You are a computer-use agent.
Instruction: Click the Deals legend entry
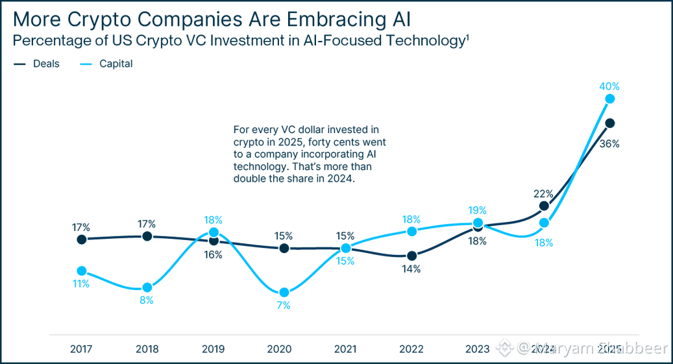[45, 64]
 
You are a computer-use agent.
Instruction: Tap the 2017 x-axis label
[82, 348]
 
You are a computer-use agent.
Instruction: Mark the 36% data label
[609, 143]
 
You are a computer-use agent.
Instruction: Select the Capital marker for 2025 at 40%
[609, 99]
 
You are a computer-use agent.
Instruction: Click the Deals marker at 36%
[609, 123]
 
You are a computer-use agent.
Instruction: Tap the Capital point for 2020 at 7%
[283, 293]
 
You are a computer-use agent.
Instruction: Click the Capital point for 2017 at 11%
[82, 271]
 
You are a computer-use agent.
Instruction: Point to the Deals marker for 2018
[147, 236]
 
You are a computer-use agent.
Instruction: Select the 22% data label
[543, 193]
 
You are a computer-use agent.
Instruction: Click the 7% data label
[283, 306]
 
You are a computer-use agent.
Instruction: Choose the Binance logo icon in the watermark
[505, 348]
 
